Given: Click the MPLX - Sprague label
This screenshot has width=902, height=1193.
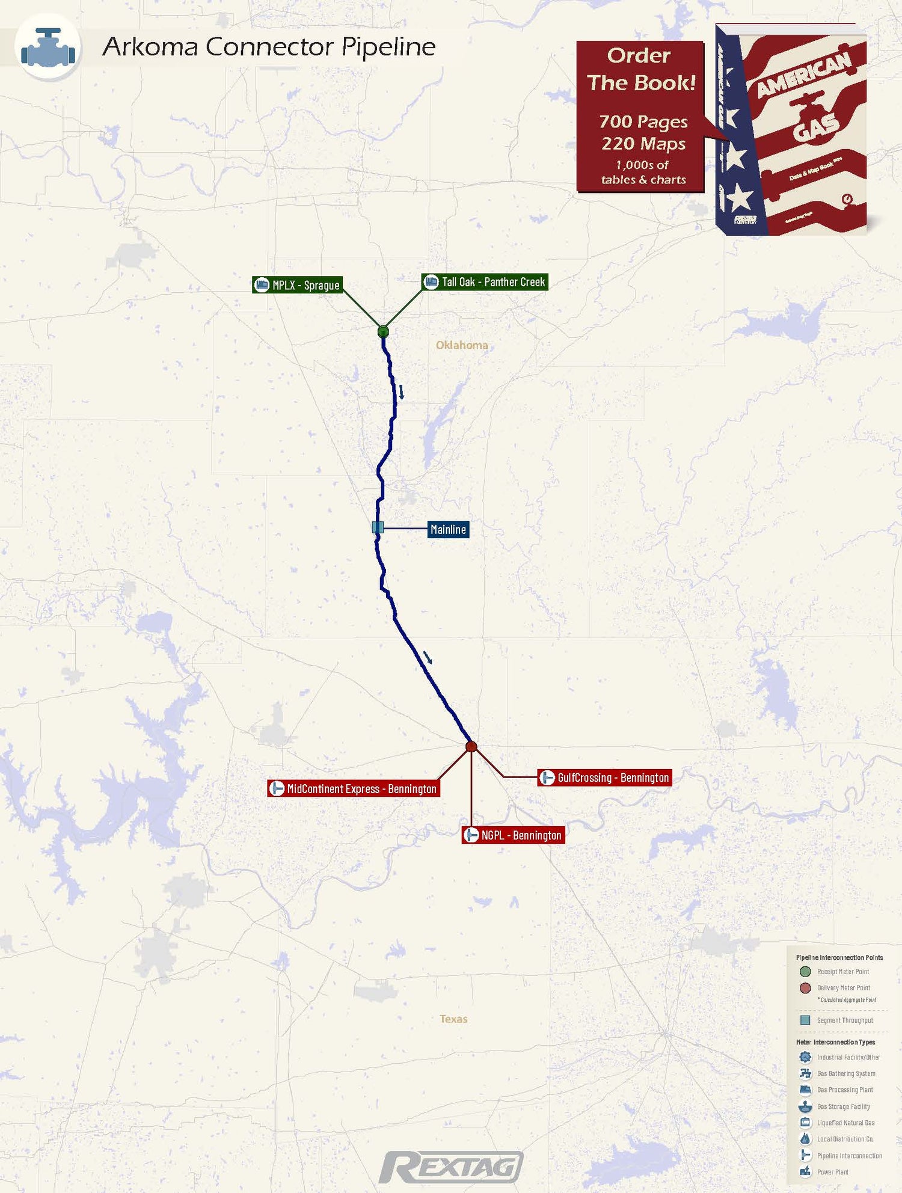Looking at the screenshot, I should tap(298, 285).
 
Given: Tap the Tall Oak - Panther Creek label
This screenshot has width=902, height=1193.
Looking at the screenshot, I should tap(485, 282).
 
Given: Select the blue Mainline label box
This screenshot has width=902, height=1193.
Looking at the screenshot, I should tap(448, 529).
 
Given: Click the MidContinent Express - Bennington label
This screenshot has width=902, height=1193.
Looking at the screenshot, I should tap(354, 788).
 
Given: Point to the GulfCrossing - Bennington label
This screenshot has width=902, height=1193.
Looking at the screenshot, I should tap(604, 777).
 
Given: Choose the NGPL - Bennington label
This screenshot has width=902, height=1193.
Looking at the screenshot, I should tap(514, 835).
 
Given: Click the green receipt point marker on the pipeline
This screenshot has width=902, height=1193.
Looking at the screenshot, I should tap(383, 331).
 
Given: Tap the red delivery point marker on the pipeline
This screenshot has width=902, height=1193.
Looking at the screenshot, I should tap(471, 747).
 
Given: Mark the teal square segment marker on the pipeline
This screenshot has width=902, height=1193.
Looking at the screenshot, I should tap(378, 527).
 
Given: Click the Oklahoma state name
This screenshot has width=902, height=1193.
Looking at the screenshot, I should tap(462, 345).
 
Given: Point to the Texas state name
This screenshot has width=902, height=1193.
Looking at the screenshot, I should tap(453, 1019).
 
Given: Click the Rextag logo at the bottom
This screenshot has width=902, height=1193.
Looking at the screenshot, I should tap(451, 1167).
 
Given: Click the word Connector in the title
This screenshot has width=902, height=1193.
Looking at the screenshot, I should tap(269, 47).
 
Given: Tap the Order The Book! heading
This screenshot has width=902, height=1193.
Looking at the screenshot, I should tap(640, 69).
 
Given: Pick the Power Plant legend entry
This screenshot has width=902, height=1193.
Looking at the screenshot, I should tap(832, 1172).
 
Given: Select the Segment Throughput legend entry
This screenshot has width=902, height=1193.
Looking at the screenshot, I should tap(844, 1020).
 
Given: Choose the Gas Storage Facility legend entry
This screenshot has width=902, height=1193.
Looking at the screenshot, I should tap(843, 1106).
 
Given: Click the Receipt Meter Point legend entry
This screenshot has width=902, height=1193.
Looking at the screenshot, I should tap(842, 972).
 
